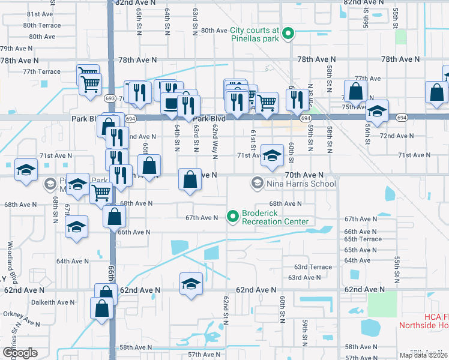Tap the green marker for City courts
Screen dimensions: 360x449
tap(288, 34)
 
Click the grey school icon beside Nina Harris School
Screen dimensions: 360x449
tap(258, 182)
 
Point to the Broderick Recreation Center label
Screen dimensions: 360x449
tap(275, 217)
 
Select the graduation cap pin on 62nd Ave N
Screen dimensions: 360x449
tap(191, 283)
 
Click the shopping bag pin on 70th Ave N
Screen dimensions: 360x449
tap(190, 179)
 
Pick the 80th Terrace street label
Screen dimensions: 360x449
tap(42, 26)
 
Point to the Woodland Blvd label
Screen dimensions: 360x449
tap(11, 258)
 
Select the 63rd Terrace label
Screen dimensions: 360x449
tap(313, 267)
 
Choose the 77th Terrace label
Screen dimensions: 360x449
tap(42, 71)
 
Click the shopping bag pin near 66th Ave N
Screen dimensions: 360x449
tap(114, 216)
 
